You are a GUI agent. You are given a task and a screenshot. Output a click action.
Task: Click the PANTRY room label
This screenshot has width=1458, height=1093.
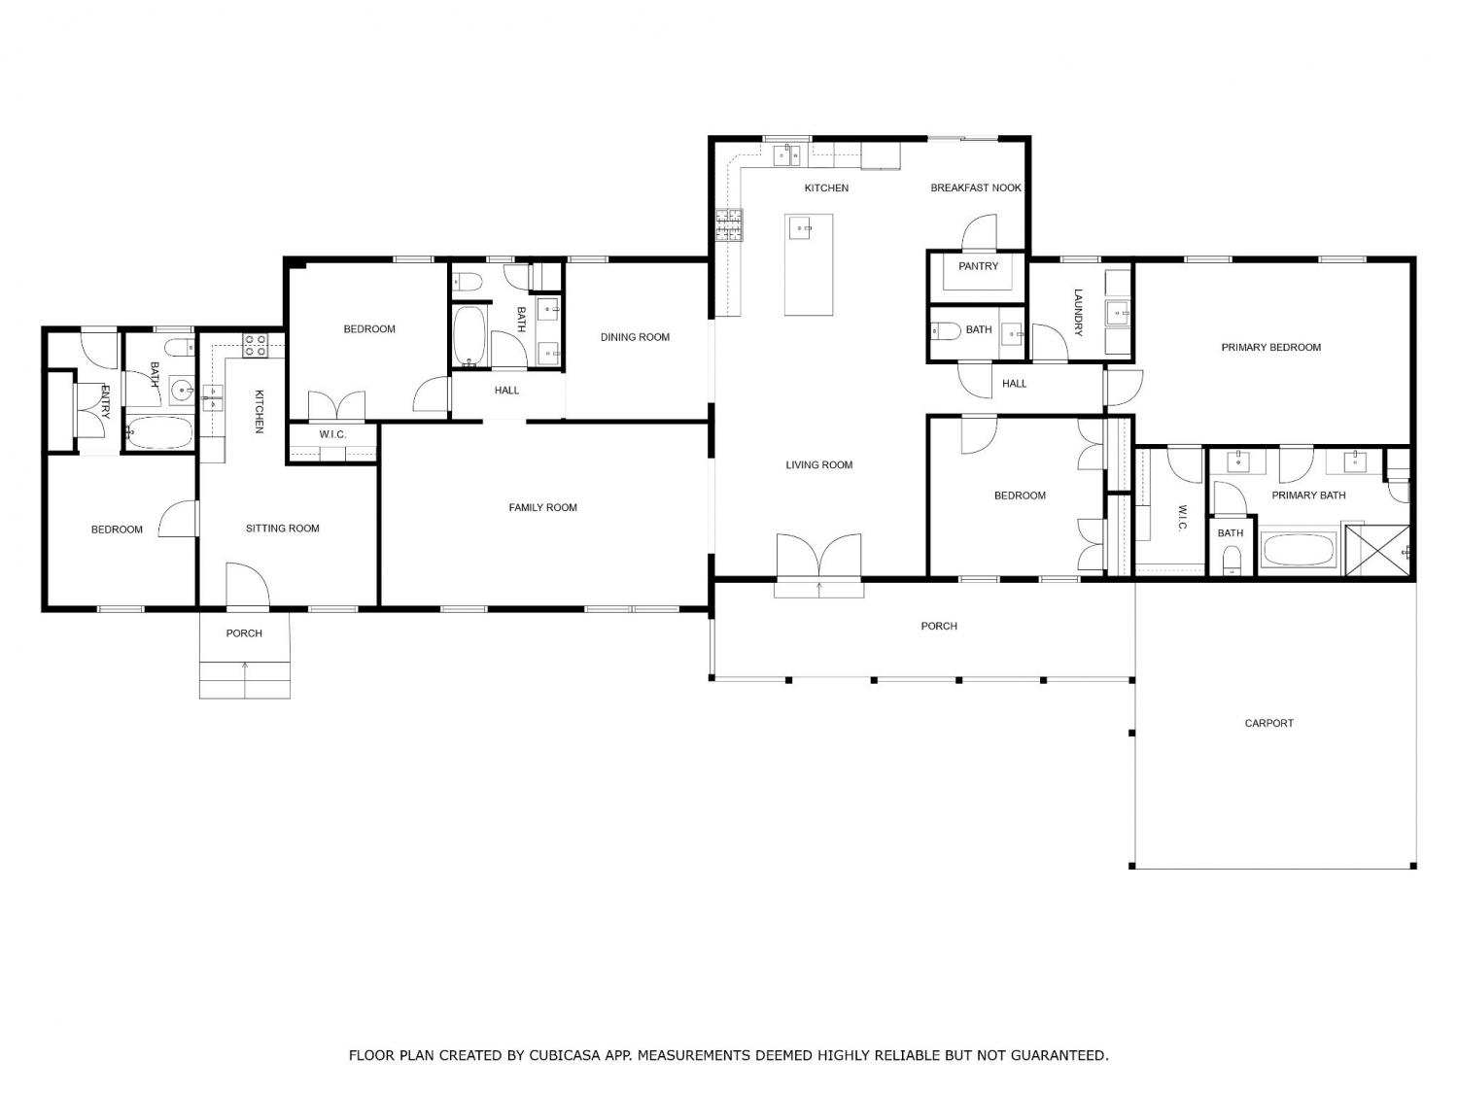[978, 266]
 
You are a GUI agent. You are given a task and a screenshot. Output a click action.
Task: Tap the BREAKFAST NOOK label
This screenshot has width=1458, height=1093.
[976, 188]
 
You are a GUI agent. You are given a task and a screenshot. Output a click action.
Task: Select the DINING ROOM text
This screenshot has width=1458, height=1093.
[635, 337]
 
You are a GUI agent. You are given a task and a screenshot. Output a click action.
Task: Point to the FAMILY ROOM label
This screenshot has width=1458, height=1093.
[542, 508]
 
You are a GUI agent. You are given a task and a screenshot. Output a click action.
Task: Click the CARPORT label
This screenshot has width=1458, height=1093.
[1268, 724]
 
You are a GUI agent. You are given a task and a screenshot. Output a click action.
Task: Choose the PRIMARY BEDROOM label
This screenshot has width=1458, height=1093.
[1270, 347]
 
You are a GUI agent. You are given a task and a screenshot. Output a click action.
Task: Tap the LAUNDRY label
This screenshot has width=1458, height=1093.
[1078, 313]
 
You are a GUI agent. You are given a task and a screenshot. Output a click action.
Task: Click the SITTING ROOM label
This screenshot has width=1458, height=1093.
[282, 529]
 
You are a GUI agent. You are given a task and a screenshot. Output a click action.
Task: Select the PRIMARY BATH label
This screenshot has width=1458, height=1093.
[1308, 495]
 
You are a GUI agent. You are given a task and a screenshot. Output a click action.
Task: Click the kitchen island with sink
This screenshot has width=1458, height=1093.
[809, 264]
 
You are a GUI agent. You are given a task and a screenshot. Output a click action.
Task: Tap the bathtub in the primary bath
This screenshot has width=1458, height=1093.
[1298, 550]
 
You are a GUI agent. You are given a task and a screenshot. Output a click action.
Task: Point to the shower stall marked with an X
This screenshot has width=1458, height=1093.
[1377, 550]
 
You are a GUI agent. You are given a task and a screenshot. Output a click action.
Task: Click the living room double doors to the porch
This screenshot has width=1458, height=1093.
[819, 556]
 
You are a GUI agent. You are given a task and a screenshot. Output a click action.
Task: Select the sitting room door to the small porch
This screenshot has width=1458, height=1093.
[248, 585]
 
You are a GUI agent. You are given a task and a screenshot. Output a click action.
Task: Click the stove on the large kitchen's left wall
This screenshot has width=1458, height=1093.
[729, 224]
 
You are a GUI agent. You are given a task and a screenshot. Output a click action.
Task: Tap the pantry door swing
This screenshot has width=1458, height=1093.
[980, 231]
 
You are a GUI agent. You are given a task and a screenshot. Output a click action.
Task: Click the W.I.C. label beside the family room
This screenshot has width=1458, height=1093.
[332, 434]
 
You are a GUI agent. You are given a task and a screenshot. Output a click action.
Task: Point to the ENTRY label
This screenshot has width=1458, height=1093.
[104, 401]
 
